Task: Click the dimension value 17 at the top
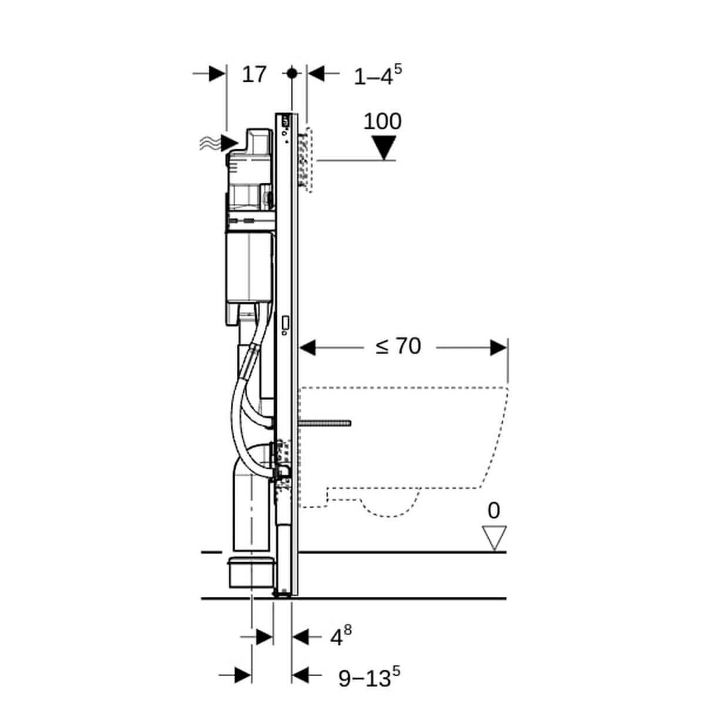click(254, 75)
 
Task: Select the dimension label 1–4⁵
click(377, 75)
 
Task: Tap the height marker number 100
click(382, 121)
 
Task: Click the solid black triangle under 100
click(385, 147)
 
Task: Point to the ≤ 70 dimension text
click(398, 347)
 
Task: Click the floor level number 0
click(493, 511)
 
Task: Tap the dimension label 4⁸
click(339, 636)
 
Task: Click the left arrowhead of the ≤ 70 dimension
click(308, 347)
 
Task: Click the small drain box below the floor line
click(250, 573)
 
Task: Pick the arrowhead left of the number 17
click(217, 73)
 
